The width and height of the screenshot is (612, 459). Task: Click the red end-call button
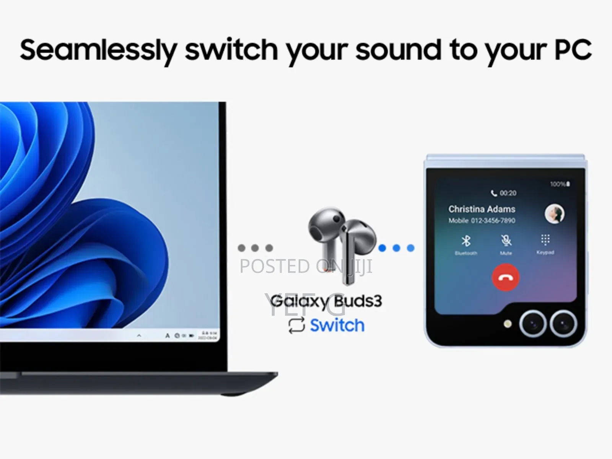[505, 277]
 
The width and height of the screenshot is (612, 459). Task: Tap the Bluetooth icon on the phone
[466, 241]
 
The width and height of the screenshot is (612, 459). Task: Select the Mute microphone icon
[506, 241]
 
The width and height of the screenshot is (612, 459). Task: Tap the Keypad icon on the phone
[545, 240]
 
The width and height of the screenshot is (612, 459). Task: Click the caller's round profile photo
[554, 213]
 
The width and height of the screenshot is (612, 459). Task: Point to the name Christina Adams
[482, 209]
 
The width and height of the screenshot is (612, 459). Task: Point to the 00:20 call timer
[508, 193]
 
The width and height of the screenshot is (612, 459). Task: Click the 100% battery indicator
[560, 184]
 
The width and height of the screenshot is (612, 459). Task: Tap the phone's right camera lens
[563, 324]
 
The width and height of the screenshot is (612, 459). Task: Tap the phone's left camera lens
[532, 324]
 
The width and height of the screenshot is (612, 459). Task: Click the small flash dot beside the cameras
[508, 324]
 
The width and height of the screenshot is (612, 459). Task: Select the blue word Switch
[337, 326]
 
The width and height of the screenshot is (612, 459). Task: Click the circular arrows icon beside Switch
[296, 326]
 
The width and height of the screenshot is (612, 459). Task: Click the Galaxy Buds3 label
[326, 301]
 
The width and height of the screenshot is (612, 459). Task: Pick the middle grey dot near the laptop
[255, 248]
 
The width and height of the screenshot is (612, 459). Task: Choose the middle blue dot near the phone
[396, 248]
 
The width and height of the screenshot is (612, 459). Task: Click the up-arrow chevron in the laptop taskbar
[139, 336]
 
